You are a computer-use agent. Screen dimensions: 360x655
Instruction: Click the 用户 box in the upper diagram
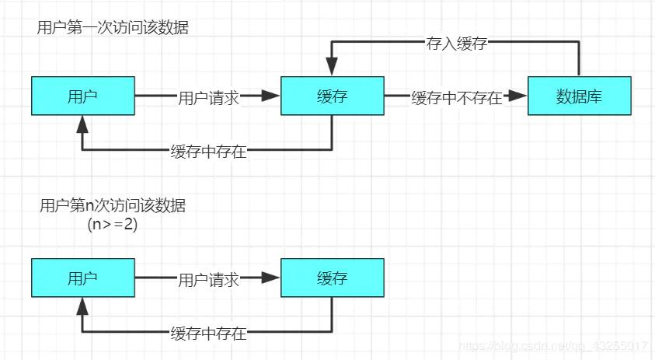(83, 96)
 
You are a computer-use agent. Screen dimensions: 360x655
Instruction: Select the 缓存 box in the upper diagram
(332, 96)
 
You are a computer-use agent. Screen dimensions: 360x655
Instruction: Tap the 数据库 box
(579, 96)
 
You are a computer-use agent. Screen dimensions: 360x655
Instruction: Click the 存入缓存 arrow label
(457, 44)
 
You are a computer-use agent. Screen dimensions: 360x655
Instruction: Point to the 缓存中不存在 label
(457, 98)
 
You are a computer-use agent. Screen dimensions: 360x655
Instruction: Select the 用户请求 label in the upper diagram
(208, 98)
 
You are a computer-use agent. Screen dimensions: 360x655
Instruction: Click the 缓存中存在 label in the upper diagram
(208, 152)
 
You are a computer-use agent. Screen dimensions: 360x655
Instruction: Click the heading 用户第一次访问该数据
(113, 28)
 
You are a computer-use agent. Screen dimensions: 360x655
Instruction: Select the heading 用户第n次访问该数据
(113, 207)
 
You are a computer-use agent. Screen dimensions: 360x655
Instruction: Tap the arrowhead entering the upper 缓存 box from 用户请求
(270, 96)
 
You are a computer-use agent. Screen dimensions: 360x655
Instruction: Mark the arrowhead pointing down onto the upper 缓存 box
(332, 68)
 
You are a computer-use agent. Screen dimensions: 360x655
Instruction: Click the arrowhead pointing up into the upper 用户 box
(83, 124)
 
